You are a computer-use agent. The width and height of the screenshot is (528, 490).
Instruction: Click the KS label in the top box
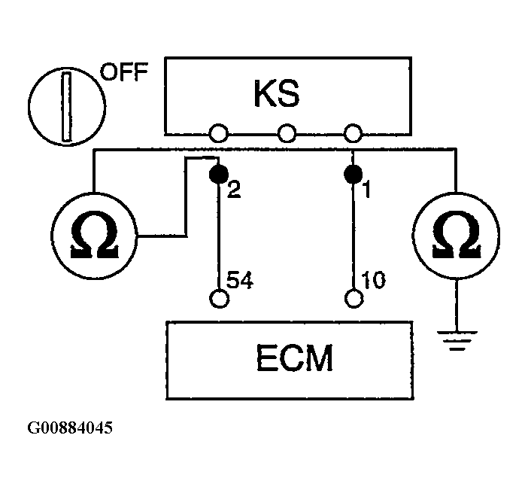(x=277, y=93)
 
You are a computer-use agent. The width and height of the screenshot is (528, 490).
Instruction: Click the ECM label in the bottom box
(x=294, y=358)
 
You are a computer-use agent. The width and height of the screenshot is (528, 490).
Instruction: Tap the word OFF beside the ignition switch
(x=124, y=72)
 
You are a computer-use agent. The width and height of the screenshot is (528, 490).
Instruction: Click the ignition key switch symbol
(x=67, y=106)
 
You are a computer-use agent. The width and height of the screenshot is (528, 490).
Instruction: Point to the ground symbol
(x=457, y=341)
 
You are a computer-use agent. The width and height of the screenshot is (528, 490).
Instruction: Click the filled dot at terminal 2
(x=219, y=174)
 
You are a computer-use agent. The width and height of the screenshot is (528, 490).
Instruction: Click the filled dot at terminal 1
(x=353, y=174)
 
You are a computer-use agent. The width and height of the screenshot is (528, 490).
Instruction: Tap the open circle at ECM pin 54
(x=219, y=298)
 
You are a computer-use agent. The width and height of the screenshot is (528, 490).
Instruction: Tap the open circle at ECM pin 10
(x=354, y=298)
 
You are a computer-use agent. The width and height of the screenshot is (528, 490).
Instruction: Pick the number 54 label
(x=239, y=280)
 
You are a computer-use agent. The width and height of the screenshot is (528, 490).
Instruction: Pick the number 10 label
(x=373, y=280)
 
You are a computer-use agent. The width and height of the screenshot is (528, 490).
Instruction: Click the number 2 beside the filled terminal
(x=234, y=190)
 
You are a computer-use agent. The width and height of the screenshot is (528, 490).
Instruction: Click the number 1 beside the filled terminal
(x=367, y=189)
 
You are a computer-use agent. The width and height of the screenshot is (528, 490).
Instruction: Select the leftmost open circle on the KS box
(x=219, y=133)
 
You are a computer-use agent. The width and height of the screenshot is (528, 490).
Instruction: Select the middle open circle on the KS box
(x=287, y=133)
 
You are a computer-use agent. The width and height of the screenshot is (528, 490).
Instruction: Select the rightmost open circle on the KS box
(x=353, y=133)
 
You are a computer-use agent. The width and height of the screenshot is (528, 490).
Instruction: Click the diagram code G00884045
(x=70, y=428)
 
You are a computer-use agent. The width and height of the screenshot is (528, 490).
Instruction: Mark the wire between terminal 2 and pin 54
(x=219, y=236)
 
